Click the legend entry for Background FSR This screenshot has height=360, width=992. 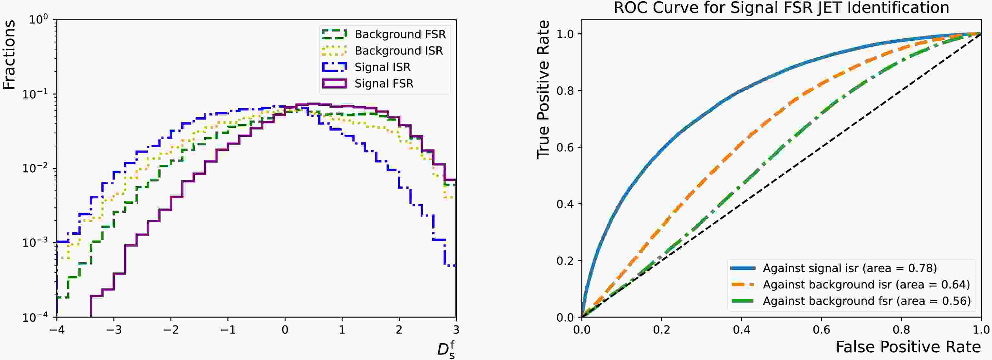pos(400,34)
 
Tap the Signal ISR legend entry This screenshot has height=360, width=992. pos(382,67)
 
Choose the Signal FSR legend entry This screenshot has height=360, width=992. pos(384,83)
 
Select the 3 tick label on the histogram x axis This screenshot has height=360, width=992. pos(456,330)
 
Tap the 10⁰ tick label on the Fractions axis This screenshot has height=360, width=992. pos(38,20)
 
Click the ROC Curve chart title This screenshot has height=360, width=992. pos(781,8)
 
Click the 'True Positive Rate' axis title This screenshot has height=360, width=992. pos(543,90)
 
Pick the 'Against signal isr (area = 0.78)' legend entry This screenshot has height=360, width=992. pos(850,268)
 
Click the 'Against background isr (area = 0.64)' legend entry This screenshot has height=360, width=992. pos(866,285)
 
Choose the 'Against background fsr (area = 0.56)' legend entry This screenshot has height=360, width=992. pos(866,301)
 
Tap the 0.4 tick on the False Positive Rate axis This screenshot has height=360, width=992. pos(741,330)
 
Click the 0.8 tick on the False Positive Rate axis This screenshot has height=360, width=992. pos(901,330)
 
